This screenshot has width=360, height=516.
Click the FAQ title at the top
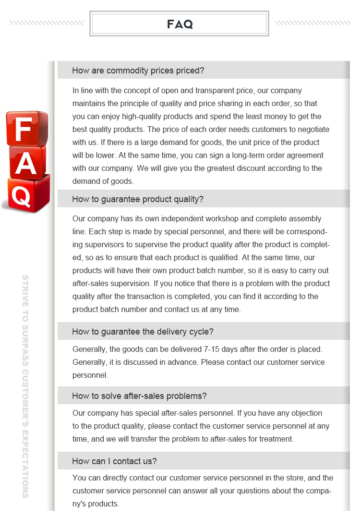[180, 24]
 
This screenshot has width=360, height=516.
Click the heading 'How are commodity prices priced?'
[138, 71]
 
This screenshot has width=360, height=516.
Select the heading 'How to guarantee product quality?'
[137, 199]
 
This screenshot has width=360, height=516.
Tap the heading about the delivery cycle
[143, 332]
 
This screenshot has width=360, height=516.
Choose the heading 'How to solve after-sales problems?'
[139, 396]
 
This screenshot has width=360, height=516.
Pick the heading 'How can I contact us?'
[114, 461]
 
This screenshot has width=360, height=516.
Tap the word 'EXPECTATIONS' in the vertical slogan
[25, 464]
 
